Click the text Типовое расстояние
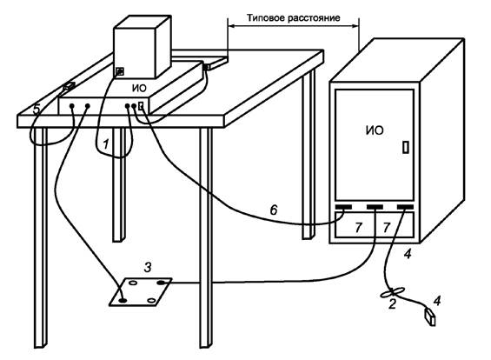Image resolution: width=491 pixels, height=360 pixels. (294, 18)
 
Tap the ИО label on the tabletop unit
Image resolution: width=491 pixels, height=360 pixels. (139, 89)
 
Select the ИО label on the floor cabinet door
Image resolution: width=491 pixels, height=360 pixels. (375, 130)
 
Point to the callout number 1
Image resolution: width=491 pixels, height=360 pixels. (106, 144)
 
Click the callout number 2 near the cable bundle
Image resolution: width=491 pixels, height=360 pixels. (392, 303)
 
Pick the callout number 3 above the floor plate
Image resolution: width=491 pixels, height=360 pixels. (148, 267)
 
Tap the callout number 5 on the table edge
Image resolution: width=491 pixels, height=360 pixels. (36, 110)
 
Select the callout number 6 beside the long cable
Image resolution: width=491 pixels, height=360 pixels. (274, 210)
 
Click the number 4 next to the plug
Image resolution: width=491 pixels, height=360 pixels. (437, 301)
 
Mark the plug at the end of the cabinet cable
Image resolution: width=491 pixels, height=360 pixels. (429, 317)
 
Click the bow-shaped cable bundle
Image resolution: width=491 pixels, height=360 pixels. (392, 292)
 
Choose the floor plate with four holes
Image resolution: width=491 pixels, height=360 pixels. (140, 291)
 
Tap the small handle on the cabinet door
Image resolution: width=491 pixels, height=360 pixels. (406, 147)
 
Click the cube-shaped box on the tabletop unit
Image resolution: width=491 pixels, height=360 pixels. (143, 47)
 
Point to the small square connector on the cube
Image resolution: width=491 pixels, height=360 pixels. (120, 72)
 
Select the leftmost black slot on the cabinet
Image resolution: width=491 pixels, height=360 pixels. (343, 207)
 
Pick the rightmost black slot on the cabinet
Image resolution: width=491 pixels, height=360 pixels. (405, 207)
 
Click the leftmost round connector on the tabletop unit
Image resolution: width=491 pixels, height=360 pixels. (72, 106)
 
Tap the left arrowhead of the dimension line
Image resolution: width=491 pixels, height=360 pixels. (231, 27)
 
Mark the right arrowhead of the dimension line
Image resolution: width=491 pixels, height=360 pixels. (355, 27)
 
